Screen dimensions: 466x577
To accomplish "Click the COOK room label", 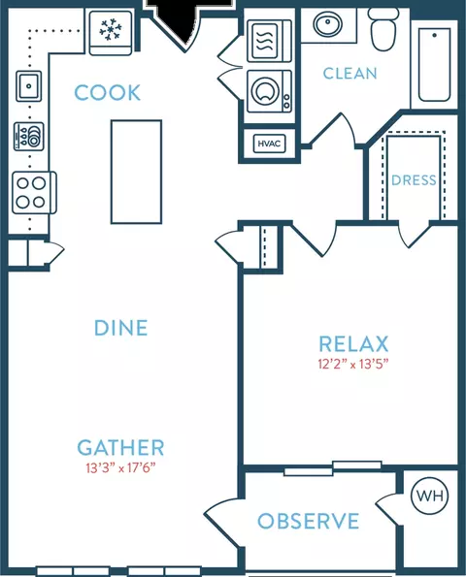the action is point(107,92).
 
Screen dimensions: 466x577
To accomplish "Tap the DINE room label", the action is point(120,328).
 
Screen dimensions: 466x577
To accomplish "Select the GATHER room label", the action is point(120,447).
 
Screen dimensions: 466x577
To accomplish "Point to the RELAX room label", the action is point(353,344).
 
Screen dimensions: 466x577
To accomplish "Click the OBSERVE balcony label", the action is point(309,521).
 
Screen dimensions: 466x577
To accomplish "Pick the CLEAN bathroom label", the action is point(349,74).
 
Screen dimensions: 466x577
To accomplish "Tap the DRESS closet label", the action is point(414,180).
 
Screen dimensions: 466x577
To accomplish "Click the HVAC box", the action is point(269,144).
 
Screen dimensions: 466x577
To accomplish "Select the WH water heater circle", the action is point(429,496).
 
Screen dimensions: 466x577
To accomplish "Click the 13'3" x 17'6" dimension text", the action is point(120,468).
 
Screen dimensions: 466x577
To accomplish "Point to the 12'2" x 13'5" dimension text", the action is point(353,365).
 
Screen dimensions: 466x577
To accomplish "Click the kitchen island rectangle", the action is point(136,172).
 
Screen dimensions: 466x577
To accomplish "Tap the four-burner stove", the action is point(34,192).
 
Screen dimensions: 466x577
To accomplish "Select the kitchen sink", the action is point(29,86).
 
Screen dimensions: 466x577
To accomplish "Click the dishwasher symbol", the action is point(29,137).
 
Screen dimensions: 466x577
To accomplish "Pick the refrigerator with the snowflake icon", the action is point(111,33).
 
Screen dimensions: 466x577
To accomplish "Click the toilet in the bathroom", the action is point(383,29).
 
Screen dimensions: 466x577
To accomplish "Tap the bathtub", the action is point(434,65).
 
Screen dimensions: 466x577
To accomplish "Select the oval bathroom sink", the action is point(327,24).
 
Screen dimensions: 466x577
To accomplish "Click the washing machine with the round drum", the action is point(269,91).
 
